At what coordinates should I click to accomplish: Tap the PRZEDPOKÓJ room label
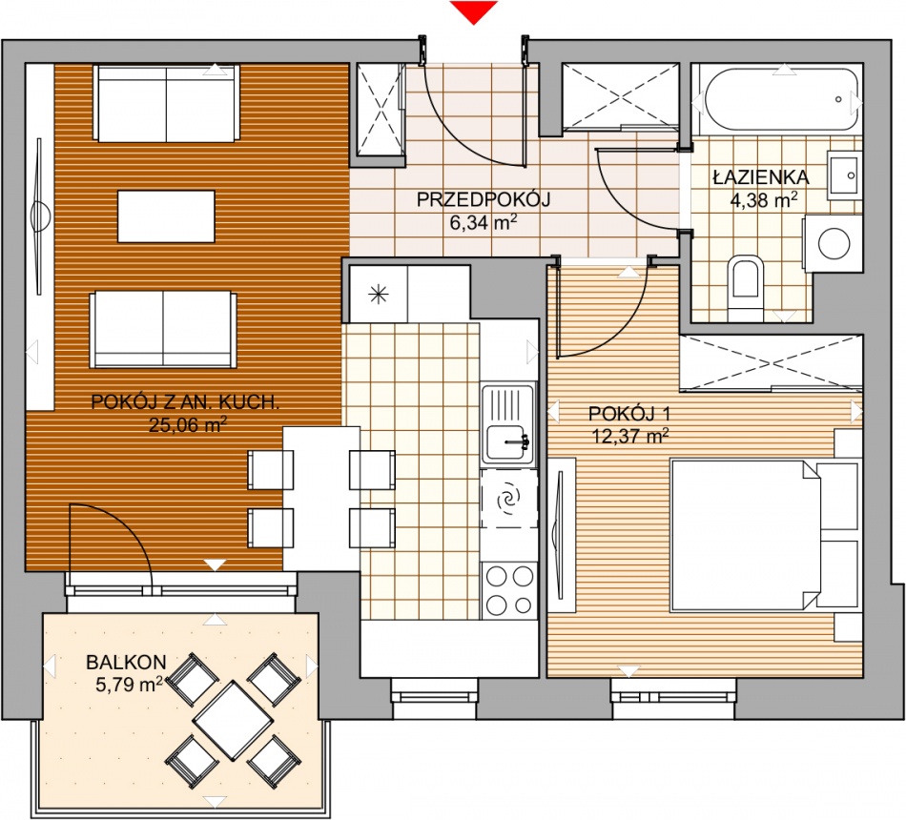click(x=484, y=200)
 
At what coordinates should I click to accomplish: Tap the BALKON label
click(x=126, y=663)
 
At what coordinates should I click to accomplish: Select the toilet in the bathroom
click(x=746, y=284)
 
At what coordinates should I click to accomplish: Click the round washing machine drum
click(x=834, y=244)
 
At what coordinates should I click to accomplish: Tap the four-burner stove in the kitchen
click(x=509, y=590)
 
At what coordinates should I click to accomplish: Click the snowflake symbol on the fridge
click(x=379, y=295)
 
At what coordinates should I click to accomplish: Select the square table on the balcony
click(x=233, y=721)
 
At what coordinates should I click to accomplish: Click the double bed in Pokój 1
click(x=746, y=535)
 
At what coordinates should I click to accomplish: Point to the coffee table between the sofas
click(x=166, y=216)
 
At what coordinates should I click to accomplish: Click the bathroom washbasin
click(x=844, y=175)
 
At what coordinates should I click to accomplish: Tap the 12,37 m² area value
click(x=630, y=435)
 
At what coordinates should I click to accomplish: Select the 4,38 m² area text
click(x=764, y=200)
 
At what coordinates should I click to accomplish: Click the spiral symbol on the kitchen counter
click(x=510, y=498)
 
